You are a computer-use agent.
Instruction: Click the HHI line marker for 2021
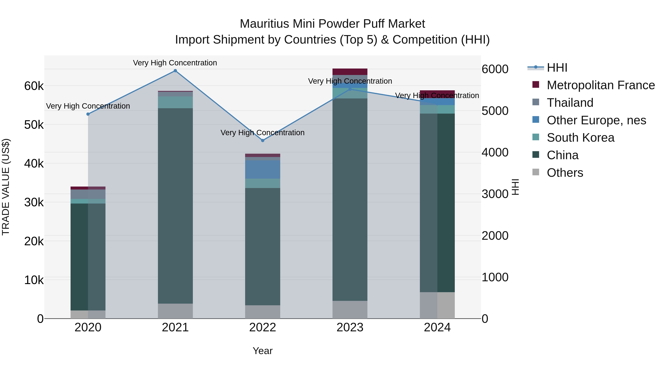point(175,71)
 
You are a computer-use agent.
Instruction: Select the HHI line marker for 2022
point(262,141)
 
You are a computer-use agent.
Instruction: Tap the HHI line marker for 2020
point(88,114)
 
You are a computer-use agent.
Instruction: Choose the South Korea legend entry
point(580,138)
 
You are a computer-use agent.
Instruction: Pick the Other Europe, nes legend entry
point(596,120)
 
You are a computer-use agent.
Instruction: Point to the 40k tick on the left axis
point(34,164)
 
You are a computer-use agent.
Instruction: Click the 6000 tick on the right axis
point(495,69)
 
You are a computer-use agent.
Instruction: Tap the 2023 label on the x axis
point(350,327)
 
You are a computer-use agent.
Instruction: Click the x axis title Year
point(262,351)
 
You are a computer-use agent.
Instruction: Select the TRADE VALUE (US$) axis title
point(6,187)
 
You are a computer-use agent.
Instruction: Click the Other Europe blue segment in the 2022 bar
point(262,169)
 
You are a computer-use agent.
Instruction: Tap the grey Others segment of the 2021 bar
point(175,311)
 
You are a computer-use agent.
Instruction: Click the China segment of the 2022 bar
point(262,247)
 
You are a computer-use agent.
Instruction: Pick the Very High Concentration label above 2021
point(175,63)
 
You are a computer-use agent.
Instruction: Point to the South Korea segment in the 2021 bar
point(175,102)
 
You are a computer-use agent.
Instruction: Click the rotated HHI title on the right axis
point(515,187)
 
